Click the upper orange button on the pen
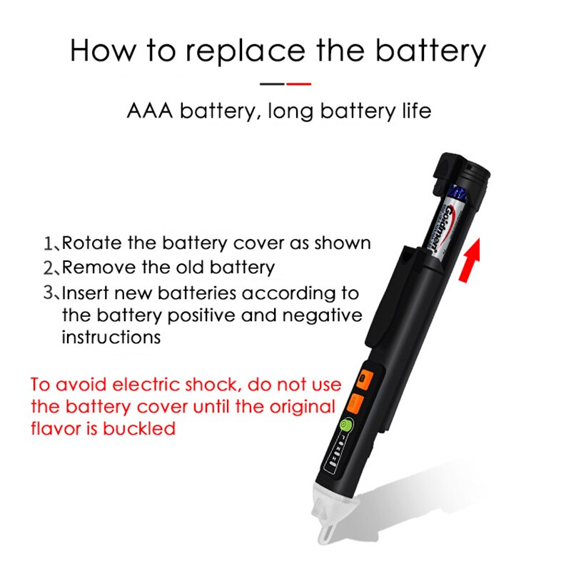pyautogui.click(x=363, y=378)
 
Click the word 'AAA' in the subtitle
pyautogui.click(x=150, y=112)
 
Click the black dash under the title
pyautogui.click(x=272, y=84)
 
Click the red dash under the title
pyautogui.click(x=298, y=84)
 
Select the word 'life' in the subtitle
pyautogui.click(x=415, y=112)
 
